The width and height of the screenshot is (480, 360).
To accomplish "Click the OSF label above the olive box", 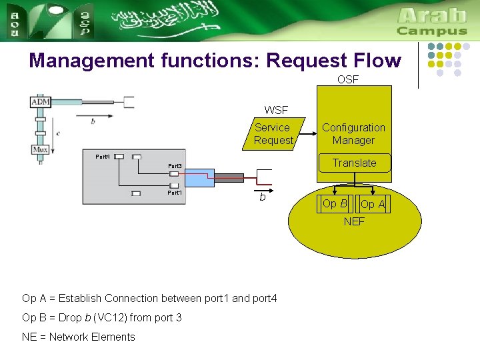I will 347,79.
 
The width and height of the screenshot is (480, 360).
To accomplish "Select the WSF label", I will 276,110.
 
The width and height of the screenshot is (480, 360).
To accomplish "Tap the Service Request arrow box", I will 273,134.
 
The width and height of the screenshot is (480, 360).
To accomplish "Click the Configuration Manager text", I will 353,134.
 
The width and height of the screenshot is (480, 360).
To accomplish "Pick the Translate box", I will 355,163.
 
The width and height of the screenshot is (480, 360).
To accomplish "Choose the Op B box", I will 335,204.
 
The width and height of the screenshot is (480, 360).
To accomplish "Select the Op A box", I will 373,204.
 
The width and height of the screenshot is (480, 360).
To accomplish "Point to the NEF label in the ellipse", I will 354,221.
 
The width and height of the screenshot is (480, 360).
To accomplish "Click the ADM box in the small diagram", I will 41,102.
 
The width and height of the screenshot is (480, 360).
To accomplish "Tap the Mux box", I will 41,150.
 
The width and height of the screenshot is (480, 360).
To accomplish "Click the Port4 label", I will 102,157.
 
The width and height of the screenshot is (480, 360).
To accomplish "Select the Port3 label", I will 175,166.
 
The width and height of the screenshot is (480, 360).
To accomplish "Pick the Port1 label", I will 175,193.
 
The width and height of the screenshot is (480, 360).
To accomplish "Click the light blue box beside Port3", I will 199,178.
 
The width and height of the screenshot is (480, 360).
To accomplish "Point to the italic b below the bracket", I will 263,197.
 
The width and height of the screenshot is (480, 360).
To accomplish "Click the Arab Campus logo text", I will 431,22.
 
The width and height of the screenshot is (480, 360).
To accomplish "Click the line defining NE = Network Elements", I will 78,337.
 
